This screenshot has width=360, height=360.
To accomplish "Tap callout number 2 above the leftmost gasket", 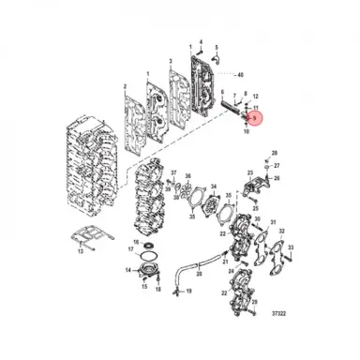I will point(126,84).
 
